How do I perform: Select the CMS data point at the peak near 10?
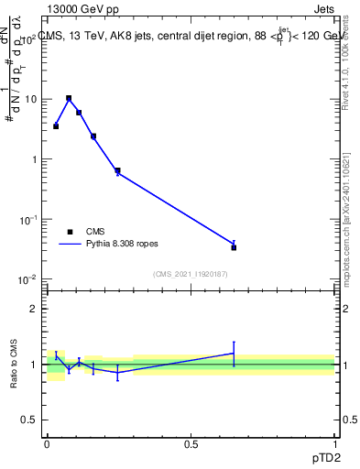point(69,98)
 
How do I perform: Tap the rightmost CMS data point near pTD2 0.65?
point(234,247)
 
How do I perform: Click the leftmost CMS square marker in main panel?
point(56,126)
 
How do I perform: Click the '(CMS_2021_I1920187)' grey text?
point(191,273)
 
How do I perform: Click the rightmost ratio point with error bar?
point(234,354)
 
